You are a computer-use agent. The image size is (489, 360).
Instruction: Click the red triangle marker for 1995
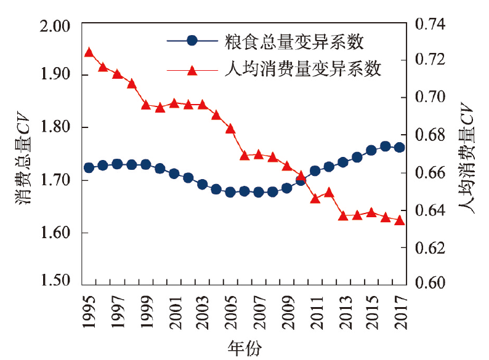pos(89,52)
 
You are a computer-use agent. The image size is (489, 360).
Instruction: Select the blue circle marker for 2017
pos(400,148)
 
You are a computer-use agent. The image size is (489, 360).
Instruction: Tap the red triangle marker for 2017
pos(400,221)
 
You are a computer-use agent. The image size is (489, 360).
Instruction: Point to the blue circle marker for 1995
pos(89,167)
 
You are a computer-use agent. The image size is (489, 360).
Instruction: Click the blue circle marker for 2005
pos(230,192)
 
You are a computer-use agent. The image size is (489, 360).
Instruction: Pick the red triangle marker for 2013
pos(343,215)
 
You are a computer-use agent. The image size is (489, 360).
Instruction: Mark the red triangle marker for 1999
pos(145,105)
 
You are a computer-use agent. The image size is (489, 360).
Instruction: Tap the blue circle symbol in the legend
pos(192,41)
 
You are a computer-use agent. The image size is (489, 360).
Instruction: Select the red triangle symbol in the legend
pos(192,71)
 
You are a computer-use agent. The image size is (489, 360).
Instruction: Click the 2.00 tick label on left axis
pos(55,26)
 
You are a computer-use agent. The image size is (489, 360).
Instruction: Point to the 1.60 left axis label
pos(55,233)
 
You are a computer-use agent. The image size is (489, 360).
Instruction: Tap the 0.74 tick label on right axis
pos(430,24)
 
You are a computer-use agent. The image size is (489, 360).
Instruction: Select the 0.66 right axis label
pos(430,172)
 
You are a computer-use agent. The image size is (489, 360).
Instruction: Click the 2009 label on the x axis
pos(288,313)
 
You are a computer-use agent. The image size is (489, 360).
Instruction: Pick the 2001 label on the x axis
pos(175,313)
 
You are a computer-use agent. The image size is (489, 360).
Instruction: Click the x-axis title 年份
pos(244,348)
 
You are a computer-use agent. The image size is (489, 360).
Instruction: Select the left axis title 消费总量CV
pos(23,158)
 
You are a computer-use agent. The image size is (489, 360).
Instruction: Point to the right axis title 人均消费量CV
pos(466,158)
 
